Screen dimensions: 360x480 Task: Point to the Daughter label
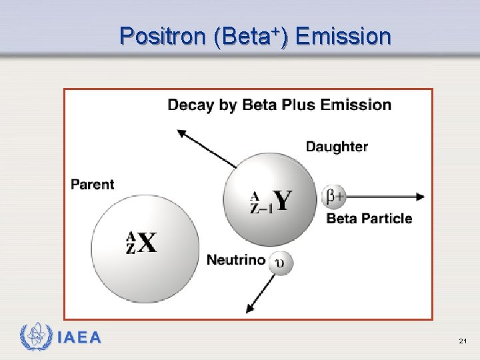pyautogui.click(x=337, y=147)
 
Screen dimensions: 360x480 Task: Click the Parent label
pyautogui.click(x=93, y=185)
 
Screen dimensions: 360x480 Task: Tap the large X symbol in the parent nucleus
pyautogui.click(x=147, y=243)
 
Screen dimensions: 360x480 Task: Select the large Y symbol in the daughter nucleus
pyautogui.click(x=282, y=200)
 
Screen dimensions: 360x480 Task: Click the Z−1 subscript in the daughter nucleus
pyautogui.click(x=261, y=208)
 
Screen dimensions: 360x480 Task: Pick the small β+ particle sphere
pyautogui.click(x=334, y=197)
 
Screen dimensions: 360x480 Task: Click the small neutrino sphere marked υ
pyautogui.click(x=281, y=262)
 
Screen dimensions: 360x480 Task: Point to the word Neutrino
pyautogui.click(x=235, y=260)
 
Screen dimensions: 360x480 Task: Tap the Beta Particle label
pyautogui.click(x=369, y=219)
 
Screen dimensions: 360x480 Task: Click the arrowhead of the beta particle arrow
pyautogui.click(x=420, y=197)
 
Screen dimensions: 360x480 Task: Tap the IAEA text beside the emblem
pyautogui.click(x=80, y=338)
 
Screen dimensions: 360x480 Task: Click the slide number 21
pyautogui.click(x=462, y=341)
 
